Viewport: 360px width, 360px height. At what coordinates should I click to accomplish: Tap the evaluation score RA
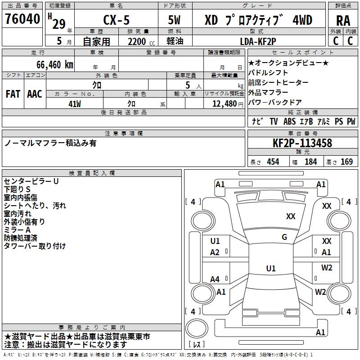(343, 21)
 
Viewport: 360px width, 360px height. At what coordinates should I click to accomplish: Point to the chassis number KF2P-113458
(302, 143)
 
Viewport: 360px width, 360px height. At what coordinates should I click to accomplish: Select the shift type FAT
(13, 94)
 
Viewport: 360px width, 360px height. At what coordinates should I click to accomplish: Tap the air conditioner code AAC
(35, 94)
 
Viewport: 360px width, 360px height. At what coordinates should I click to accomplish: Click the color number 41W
(75, 104)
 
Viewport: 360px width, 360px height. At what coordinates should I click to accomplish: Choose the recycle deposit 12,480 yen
(224, 104)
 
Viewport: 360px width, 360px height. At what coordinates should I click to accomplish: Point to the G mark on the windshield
(284, 237)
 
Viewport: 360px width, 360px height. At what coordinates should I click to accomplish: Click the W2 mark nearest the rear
(320, 292)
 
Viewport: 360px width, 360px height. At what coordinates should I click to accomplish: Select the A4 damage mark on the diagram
(215, 279)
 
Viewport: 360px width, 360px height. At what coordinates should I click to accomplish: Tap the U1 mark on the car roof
(270, 268)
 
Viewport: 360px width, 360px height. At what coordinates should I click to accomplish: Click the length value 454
(273, 162)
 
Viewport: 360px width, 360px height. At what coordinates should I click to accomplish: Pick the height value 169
(346, 162)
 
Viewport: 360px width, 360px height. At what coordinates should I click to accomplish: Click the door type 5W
(174, 20)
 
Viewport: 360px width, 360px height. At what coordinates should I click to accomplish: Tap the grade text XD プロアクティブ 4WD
(258, 20)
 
